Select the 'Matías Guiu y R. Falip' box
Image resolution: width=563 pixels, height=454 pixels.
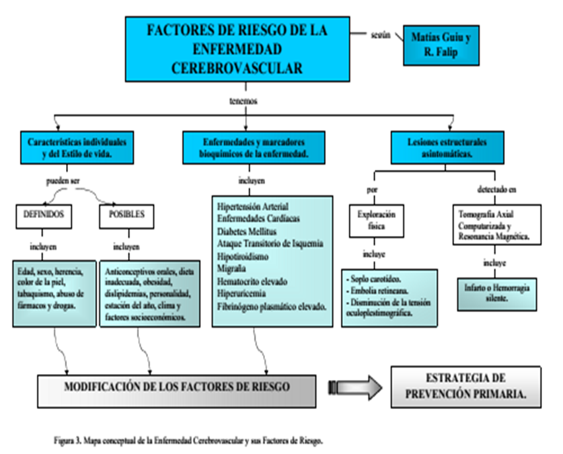pyautogui.click(x=441, y=46)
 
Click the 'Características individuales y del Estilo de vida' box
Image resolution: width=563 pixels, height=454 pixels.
pyautogui.click(x=77, y=147)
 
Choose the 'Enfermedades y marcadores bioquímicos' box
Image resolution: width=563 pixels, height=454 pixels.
pyautogui.click(x=254, y=147)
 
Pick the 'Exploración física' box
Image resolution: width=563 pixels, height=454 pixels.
pyautogui.click(x=377, y=220)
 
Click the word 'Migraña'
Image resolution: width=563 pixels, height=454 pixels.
pyautogui.click(x=231, y=268)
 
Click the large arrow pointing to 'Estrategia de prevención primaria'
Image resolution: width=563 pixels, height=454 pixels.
pyautogui.click(x=357, y=388)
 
